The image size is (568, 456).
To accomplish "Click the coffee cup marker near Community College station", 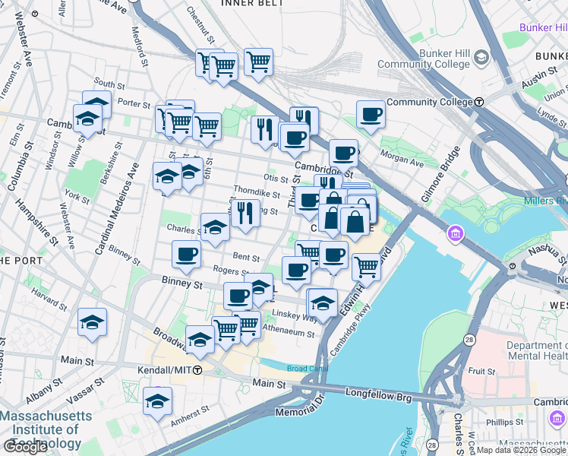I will [x=371, y=114].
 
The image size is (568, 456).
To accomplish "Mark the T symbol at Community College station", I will [x=480, y=102].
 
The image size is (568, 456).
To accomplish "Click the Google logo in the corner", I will [x=25, y=447].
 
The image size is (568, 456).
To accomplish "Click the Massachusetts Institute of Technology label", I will [x=46, y=429].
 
